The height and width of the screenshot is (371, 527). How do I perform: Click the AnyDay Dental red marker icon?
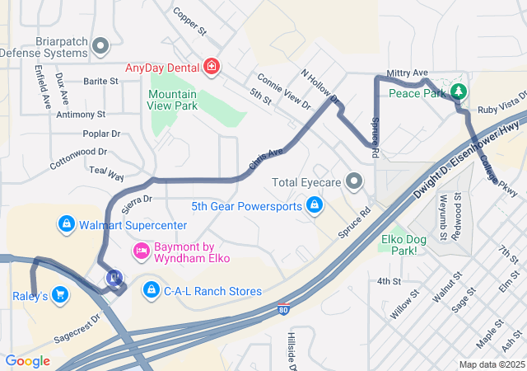(212, 65)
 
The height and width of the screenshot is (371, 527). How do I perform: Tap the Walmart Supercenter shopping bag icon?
(66, 224)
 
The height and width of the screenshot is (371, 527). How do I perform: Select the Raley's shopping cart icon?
(59, 294)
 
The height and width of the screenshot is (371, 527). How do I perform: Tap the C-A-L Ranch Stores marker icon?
(151, 290)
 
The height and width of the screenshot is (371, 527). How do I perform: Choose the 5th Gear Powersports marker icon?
(314, 205)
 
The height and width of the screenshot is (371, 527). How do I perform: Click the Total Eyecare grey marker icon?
(355, 181)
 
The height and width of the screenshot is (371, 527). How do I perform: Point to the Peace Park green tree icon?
(458, 91)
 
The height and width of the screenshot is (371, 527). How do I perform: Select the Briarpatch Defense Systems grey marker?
(101, 45)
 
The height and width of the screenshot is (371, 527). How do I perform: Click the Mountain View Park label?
(172, 100)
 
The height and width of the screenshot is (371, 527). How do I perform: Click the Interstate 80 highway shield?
(283, 311)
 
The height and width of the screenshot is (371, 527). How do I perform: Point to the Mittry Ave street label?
(408, 73)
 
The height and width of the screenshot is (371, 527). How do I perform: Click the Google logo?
(27, 360)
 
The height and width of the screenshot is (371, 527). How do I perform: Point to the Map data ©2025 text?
(491, 364)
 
